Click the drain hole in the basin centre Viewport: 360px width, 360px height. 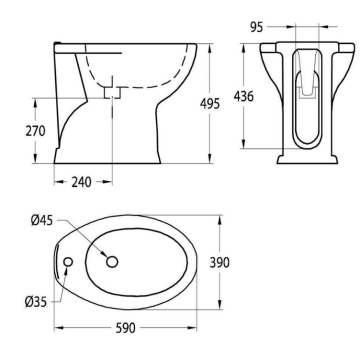(111, 262)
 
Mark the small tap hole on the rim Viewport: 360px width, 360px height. (67, 263)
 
